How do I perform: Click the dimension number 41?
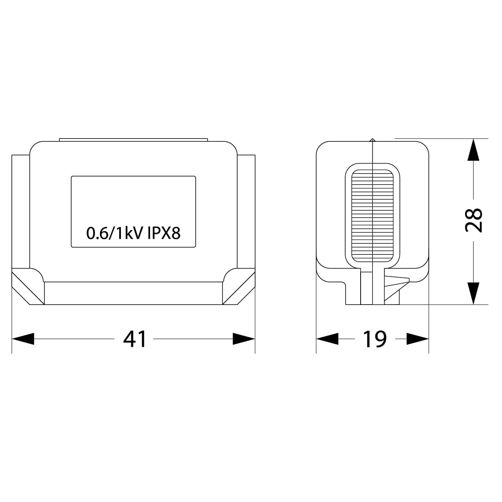pos(135,339)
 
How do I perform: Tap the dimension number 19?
pos(375,339)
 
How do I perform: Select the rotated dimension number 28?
pos(473,220)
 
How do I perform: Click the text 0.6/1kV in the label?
pos(114,233)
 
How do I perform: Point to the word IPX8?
pos(164,233)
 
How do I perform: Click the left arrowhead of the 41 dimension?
pos(23,339)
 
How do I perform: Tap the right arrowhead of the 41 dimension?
pos(244,339)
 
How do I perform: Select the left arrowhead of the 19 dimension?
pos(327,339)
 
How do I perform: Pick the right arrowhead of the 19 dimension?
pos(417,339)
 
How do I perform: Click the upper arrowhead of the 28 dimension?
pos(473,149)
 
